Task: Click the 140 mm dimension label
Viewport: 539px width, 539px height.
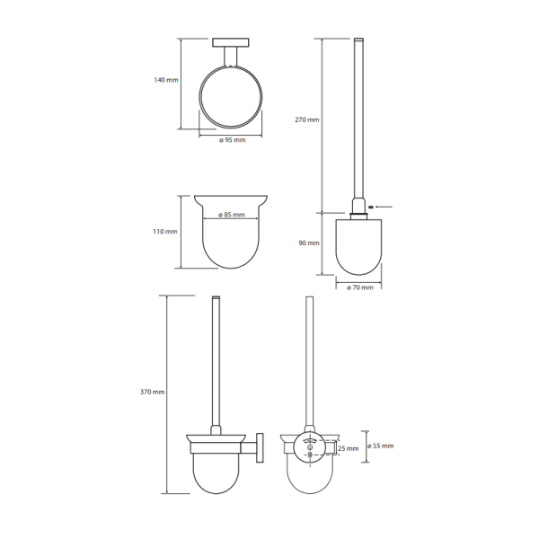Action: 166,80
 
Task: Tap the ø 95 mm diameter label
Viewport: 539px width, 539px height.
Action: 233,140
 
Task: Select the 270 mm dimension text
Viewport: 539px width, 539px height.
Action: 307,119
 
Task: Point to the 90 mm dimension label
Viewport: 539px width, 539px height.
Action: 309,243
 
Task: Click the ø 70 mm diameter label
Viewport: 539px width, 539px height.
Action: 360,287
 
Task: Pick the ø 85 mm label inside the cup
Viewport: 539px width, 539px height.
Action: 232,215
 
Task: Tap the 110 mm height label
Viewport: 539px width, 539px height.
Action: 165,232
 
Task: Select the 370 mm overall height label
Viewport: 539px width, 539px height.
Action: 153,392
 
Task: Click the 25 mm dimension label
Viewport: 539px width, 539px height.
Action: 348,448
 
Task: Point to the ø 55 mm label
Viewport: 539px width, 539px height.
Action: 381,446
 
